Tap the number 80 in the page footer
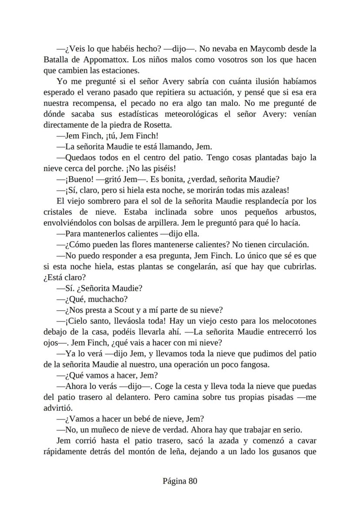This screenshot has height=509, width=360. (x=193, y=481)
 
